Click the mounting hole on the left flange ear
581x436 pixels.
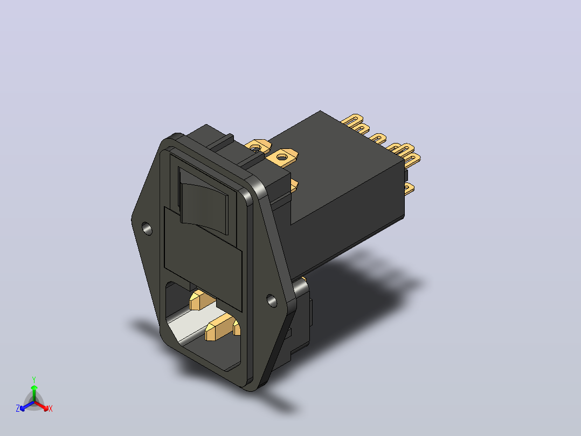point(147,229)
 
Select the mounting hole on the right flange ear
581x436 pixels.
point(272,301)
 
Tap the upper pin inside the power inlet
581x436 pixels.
point(200,300)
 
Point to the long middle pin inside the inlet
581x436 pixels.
point(219,326)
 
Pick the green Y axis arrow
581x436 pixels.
point(34,393)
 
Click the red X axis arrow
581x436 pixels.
point(41,406)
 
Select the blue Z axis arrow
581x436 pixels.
point(27,406)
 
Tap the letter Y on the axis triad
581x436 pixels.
point(34,380)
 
